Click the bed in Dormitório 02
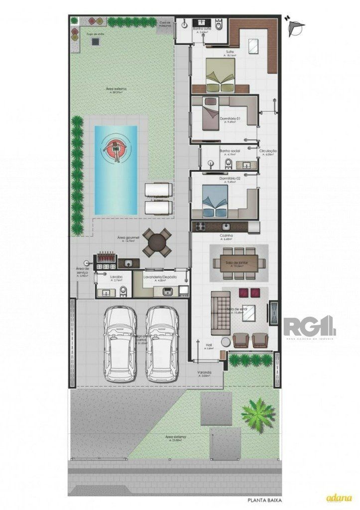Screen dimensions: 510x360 (x=216, y=202)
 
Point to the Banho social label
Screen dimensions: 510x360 (x=230, y=151)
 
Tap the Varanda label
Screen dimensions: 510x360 (x=204, y=373)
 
